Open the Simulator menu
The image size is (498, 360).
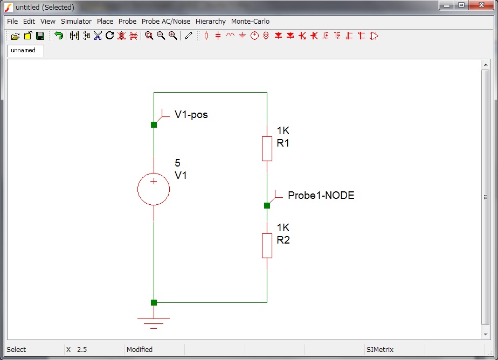76,22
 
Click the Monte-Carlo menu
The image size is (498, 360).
250,22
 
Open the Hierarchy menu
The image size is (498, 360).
210,22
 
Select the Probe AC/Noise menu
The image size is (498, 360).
166,22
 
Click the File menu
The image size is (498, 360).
12,22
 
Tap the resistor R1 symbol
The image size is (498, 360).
267,148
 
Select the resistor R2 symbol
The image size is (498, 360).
267,245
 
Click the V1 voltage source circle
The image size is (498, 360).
154,189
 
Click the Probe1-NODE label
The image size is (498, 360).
321,196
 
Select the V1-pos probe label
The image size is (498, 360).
191,115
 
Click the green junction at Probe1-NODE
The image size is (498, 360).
267,205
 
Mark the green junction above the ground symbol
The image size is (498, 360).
154,302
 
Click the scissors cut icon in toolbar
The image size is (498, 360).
98,36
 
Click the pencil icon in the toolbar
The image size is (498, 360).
188,36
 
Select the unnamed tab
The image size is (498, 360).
23,50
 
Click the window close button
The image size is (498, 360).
478,5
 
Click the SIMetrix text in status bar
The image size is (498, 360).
380,350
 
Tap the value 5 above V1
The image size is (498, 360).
178,163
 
